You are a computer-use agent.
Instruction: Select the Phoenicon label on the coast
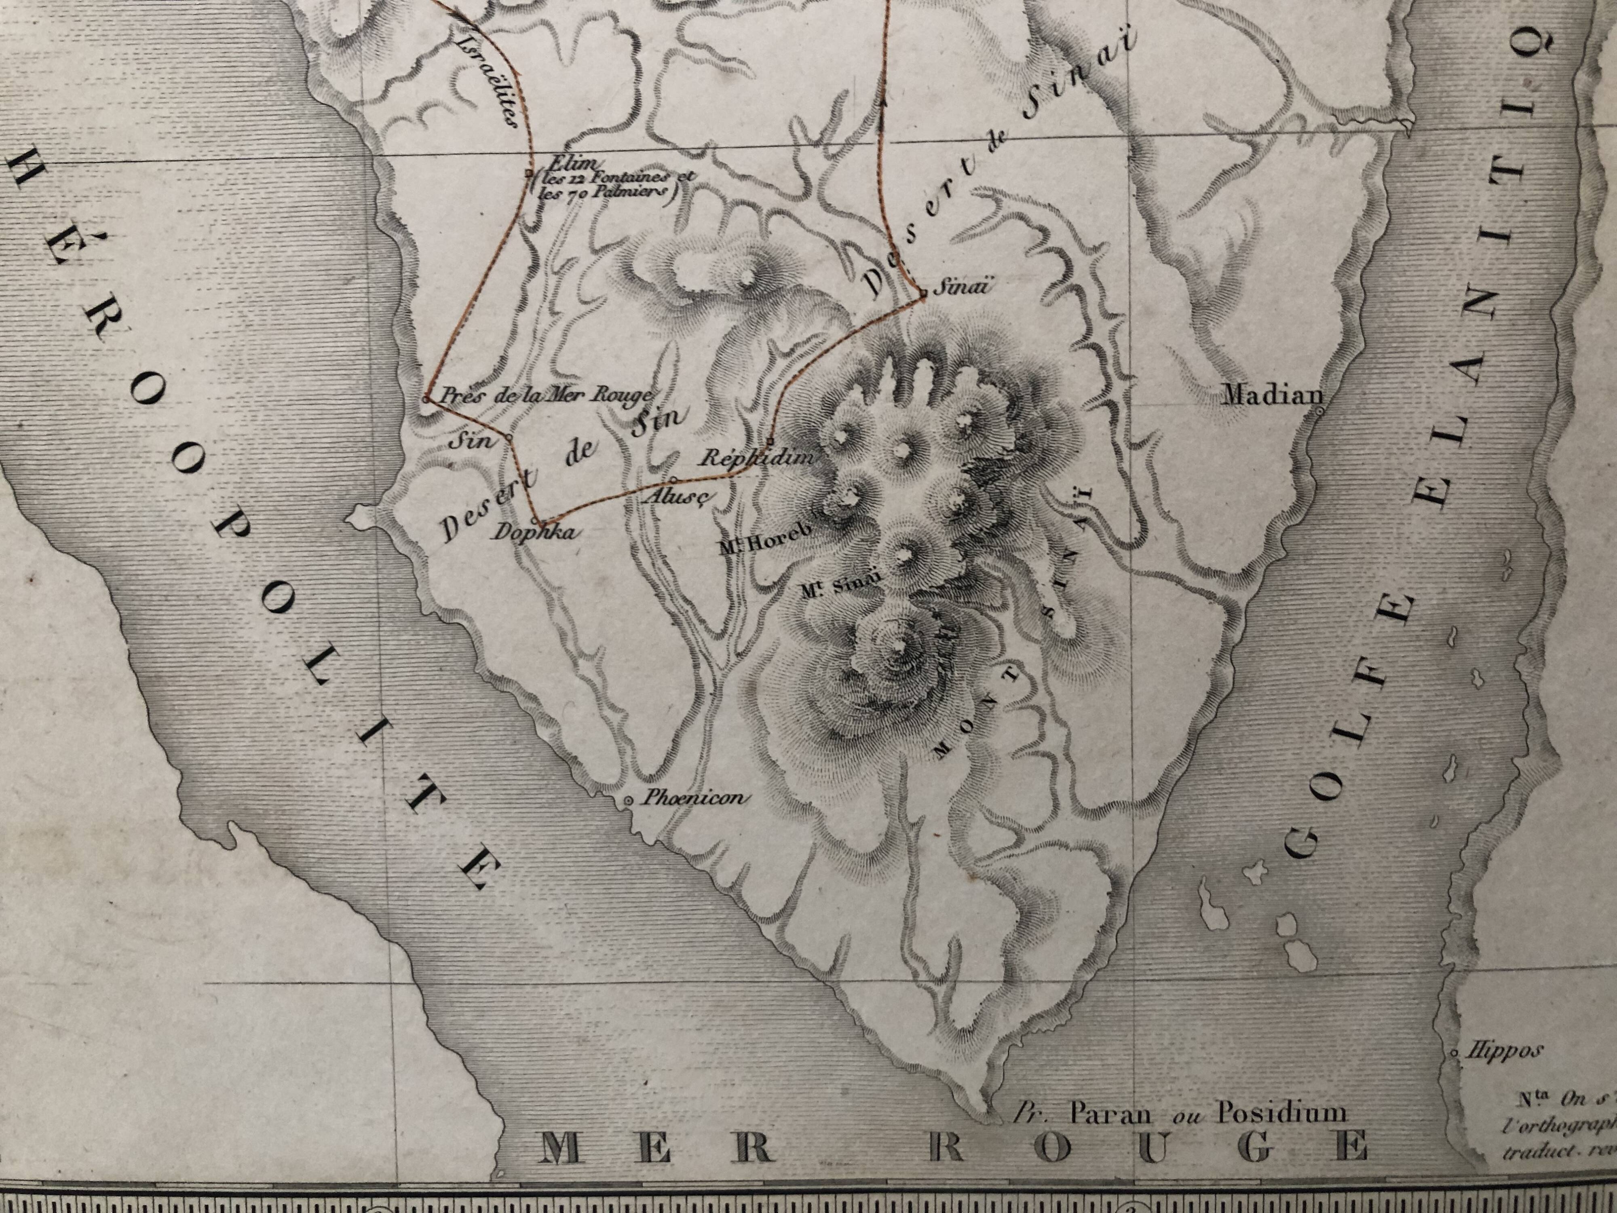pyautogui.click(x=695, y=798)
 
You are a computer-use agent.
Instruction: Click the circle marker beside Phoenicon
pyautogui.click(x=628, y=801)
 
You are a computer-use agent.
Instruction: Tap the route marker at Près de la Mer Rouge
pyautogui.click(x=426, y=399)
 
